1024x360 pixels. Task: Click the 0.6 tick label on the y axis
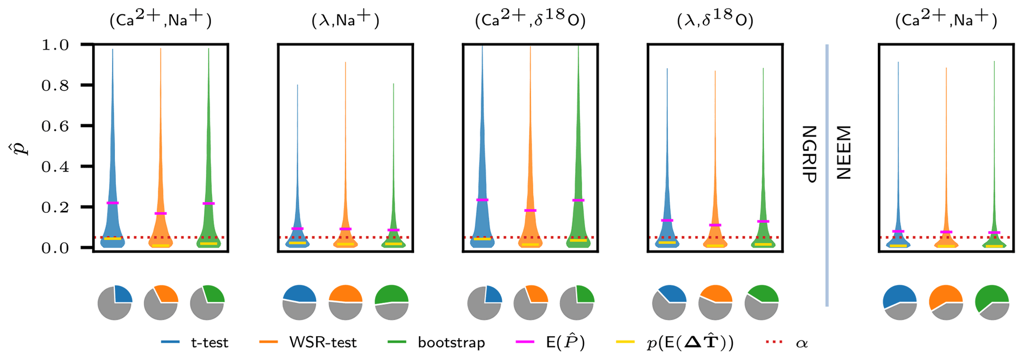[x=57, y=126]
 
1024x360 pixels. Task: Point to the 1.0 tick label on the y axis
[x=57, y=45]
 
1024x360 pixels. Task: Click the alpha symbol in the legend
[x=802, y=343]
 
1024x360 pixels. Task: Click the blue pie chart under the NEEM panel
[x=900, y=302]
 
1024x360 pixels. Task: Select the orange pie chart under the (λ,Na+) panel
[x=345, y=302]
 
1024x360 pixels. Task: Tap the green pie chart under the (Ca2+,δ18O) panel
[x=577, y=302]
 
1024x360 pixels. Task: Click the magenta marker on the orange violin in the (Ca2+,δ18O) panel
[x=530, y=211]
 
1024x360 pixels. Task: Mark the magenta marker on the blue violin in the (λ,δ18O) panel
[x=667, y=220]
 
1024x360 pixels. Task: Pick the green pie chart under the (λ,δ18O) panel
[x=762, y=302]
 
